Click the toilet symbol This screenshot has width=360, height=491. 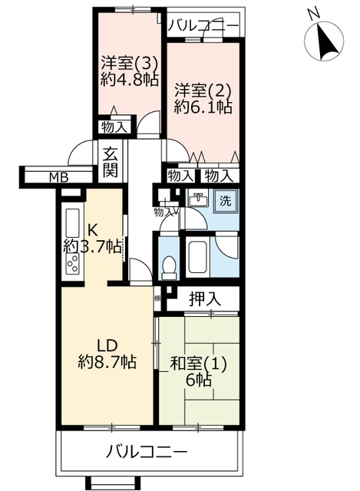[169, 268]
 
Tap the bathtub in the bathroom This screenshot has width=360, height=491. [198, 255]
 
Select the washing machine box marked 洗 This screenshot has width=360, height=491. [225, 201]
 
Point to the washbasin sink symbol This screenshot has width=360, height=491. [198, 199]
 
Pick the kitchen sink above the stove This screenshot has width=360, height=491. [72, 222]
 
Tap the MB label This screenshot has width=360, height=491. [59, 177]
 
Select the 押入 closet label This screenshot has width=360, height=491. [205, 298]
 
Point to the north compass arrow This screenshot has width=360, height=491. [326, 42]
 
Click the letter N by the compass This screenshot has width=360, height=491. [313, 13]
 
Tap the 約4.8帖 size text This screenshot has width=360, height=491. [129, 80]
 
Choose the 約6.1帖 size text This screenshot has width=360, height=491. [203, 107]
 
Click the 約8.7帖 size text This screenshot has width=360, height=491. [107, 362]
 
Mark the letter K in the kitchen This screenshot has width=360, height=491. [92, 231]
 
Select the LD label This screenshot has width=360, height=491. [107, 346]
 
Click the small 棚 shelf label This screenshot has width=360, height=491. [157, 298]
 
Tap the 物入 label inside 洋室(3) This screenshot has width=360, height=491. [114, 127]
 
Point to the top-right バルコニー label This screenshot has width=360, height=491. [204, 25]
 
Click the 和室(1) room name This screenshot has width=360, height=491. [198, 364]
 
